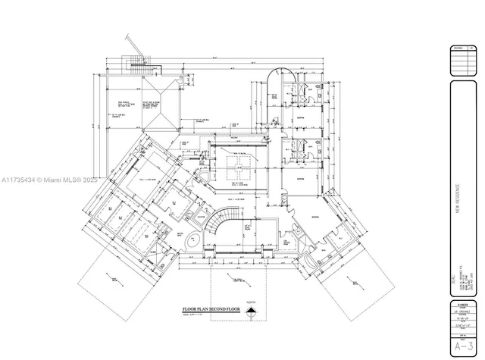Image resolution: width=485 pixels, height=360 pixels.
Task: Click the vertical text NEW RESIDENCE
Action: tap(458, 202)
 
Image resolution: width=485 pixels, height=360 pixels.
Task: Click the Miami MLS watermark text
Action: tap(45, 180)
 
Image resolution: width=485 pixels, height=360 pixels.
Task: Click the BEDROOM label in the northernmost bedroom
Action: tap(301, 119)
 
